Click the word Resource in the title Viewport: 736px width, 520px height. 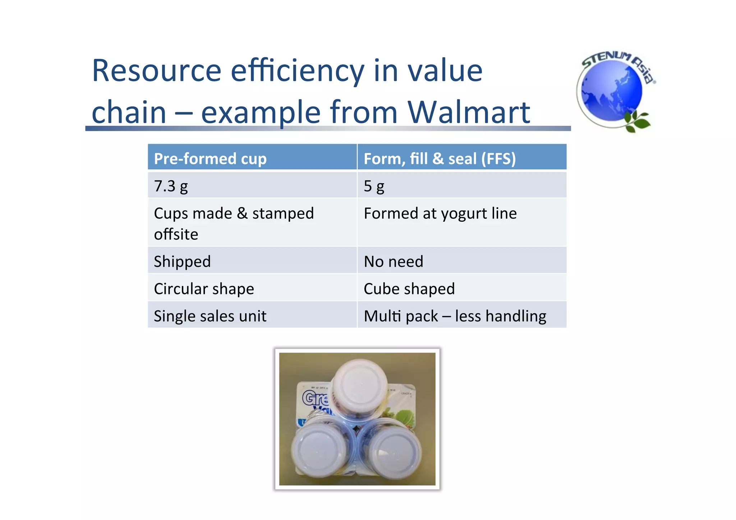click(x=156, y=70)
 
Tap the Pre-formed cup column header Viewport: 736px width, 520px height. click(x=210, y=158)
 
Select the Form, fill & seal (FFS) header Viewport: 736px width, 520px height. click(x=440, y=158)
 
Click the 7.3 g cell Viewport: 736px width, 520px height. click(x=171, y=186)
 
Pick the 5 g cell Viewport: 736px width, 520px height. click(x=374, y=186)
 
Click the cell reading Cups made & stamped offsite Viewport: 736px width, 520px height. click(x=234, y=223)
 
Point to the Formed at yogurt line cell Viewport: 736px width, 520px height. click(x=440, y=213)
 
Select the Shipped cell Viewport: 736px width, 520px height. click(x=182, y=261)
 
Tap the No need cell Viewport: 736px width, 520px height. click(x=394, y=261)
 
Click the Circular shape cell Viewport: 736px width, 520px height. click(x=204, y=289)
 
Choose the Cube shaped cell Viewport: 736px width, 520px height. click(x=409, y=289)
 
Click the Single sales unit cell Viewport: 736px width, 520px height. click(x=210, y=316)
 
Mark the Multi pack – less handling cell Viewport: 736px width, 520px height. click(x=455, y=316)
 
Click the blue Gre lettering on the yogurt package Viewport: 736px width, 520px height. click(x=315, y=398)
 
